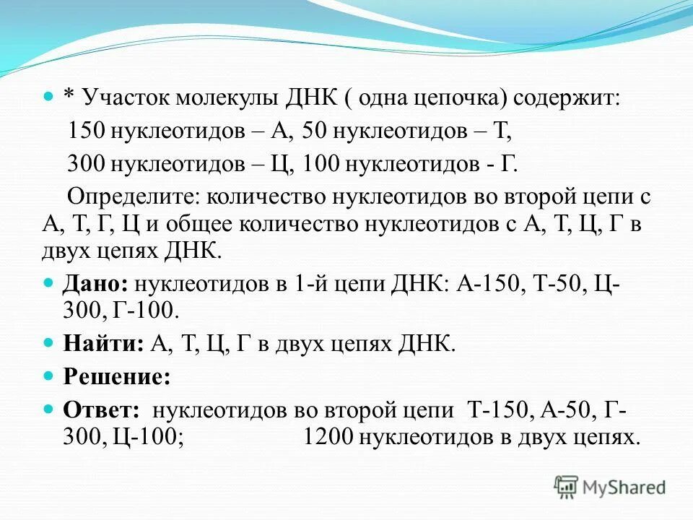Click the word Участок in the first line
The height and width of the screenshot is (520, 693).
(x=123, y=98)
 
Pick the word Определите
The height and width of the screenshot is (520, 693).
(x=133, y=195)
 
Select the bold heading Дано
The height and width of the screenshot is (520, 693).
(x=93, y=283)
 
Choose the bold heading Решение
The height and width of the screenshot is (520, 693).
(x=117, y=376)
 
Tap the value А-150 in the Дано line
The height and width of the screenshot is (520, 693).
(x=489, y=283)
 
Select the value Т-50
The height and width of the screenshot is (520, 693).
(x=554, y=283)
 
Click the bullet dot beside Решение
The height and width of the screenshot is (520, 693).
(x=49, y=376)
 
